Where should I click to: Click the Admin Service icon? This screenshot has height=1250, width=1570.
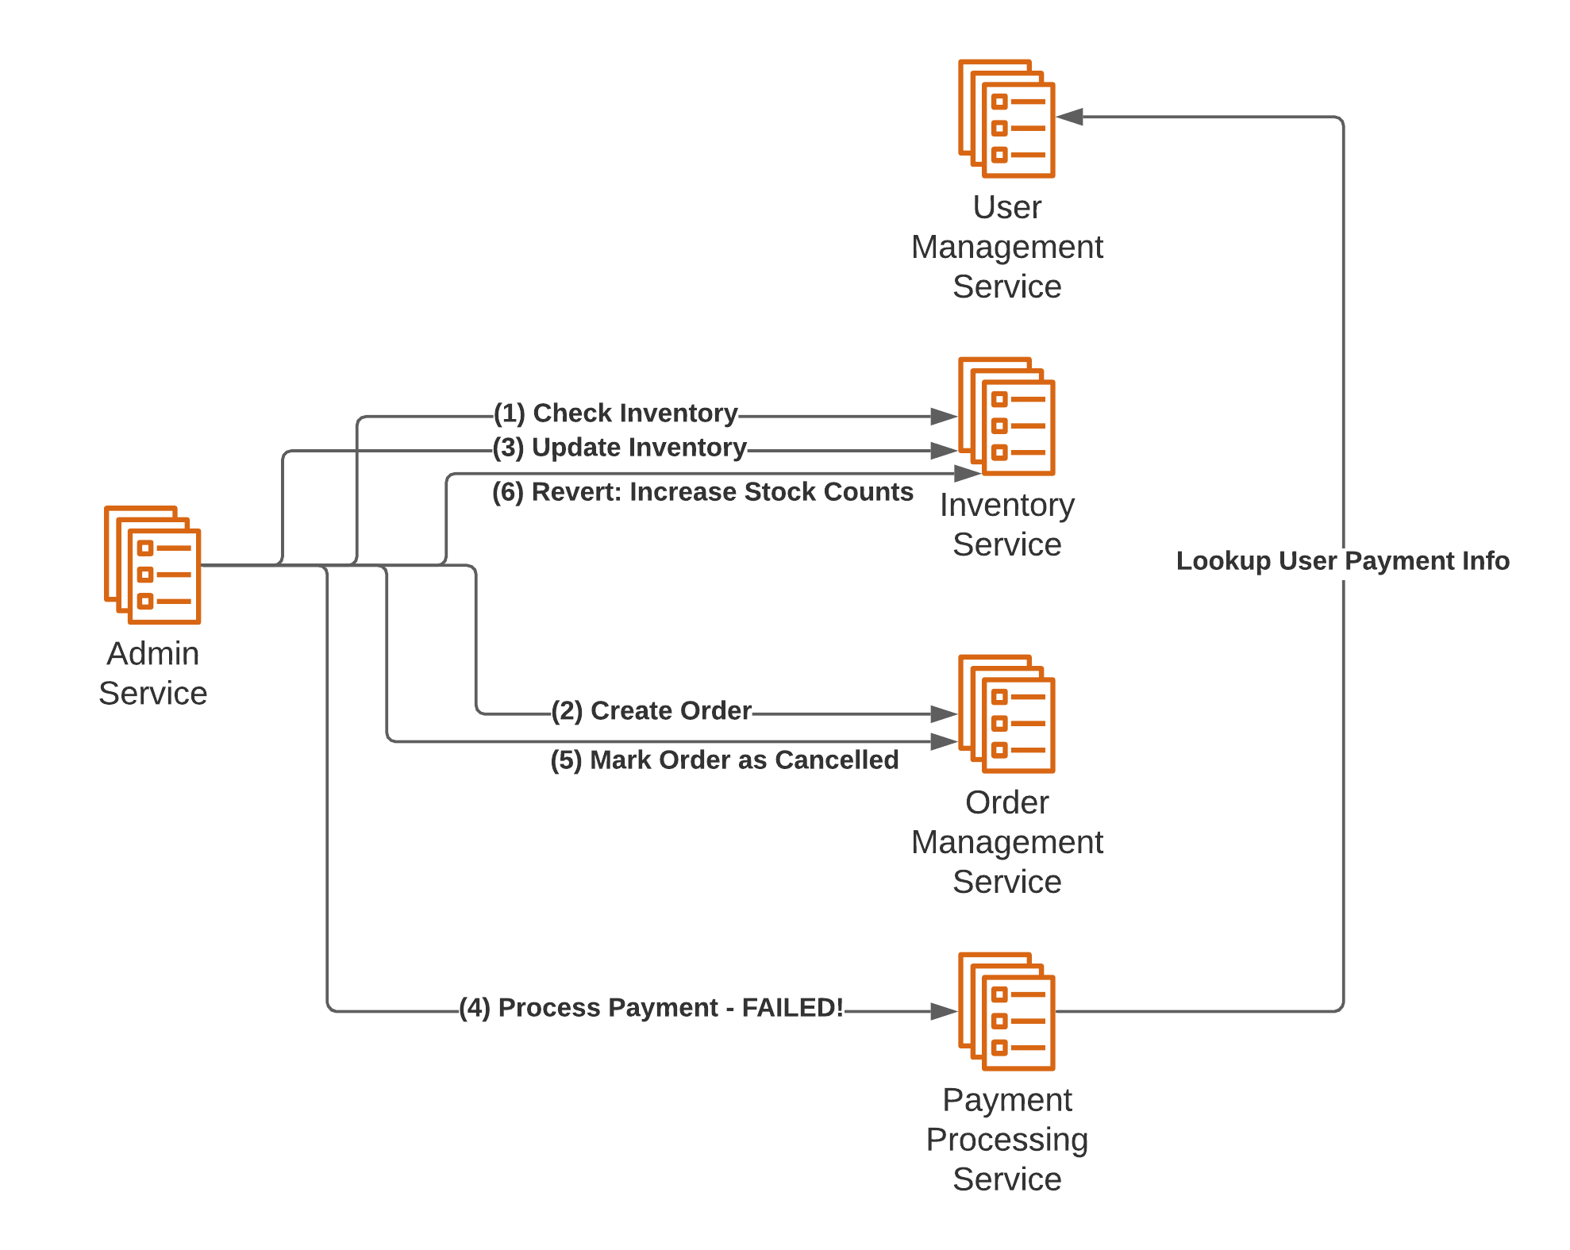click(152, 565)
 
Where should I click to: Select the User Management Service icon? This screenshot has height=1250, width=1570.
click(1006, 118)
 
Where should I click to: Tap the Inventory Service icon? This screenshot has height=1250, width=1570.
click(1006, 416)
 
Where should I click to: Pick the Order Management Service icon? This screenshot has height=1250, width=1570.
click(1006, 713)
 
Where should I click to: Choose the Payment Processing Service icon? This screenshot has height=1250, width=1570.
click(1006, 1011)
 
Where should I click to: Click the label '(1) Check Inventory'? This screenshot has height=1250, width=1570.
click(616, 413)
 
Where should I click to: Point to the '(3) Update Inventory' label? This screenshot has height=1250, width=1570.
click(620, 448)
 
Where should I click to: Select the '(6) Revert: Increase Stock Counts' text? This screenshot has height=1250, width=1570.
click(702, 492)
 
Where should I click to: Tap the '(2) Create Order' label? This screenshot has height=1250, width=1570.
click(652, 710)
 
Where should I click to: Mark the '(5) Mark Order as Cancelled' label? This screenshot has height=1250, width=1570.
click(725, 760)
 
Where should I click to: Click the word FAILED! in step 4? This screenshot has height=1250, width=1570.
click(792, 1008)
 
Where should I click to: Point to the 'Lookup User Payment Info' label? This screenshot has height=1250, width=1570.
click(1342, 561)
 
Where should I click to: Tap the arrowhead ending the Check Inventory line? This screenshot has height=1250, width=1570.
click(944, 416)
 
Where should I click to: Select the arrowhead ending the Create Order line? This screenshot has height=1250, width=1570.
click(944, 714)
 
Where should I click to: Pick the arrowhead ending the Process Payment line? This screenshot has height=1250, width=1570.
click(944, 1011)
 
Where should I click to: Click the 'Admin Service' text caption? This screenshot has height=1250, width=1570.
click(153, 673)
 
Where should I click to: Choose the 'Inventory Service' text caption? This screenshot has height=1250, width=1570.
click(1006, 525)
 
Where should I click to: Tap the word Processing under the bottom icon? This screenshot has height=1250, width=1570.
click(1006, 1140)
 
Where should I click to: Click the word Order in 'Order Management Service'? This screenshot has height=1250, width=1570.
click(1006, 802)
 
